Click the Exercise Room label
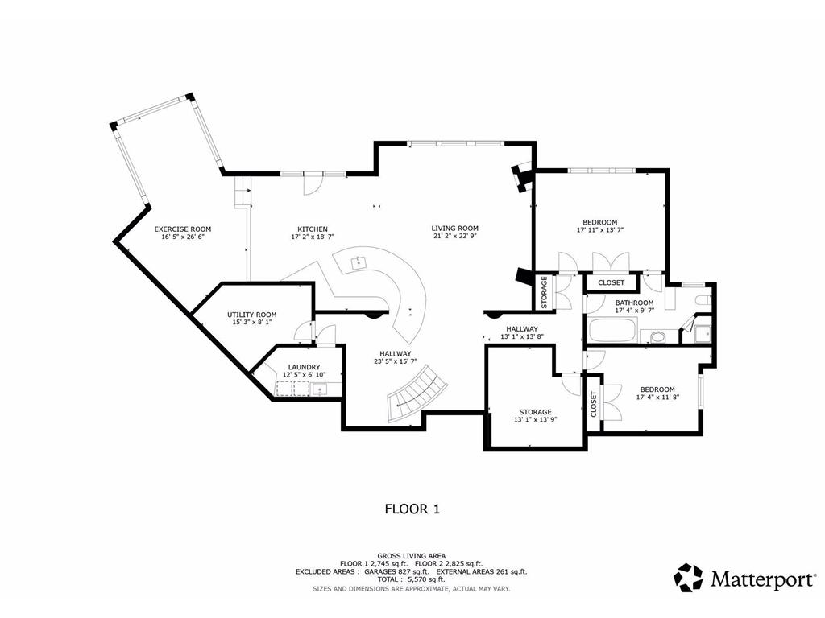183,229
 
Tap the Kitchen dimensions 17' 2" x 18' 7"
313,237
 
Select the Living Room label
455,228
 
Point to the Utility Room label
252,315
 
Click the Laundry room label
304,367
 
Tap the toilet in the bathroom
703,301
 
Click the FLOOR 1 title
412,509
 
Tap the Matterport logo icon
688,578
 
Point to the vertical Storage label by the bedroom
545,292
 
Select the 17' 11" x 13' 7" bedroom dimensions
600,230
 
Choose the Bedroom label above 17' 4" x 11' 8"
657,389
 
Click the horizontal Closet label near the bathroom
611,282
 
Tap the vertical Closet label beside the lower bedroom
594,404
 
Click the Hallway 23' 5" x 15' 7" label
396,357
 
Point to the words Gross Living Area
412,555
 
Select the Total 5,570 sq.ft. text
412,579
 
